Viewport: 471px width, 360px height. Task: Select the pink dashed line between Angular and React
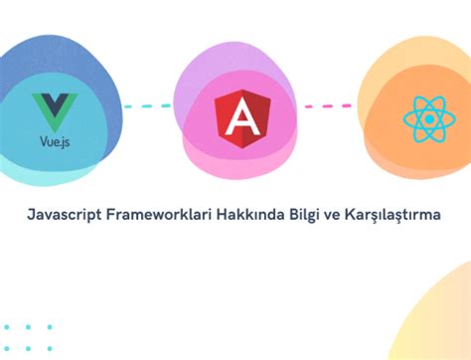click(328, 105)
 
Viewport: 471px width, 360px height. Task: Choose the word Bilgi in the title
click(302, 213)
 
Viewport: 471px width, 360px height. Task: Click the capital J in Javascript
click(32, 213)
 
